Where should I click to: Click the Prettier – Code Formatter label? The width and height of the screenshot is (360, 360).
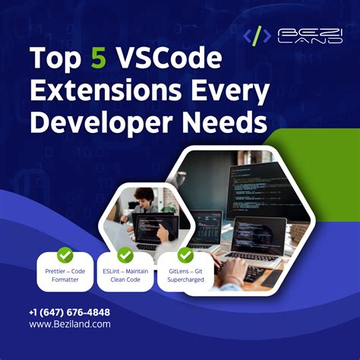pyautogui.click(x=65, y=273)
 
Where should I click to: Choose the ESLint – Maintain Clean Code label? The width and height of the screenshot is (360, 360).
pyautogui.click(x=125, y=273)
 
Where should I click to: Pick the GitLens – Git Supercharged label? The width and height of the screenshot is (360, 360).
pyautogui.click(x=185, y=273)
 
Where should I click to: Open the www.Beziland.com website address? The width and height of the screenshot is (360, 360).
pyautogui.click(x=70, y=324)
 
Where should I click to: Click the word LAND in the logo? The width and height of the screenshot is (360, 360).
pyautogui.click(x=302, y=41)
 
